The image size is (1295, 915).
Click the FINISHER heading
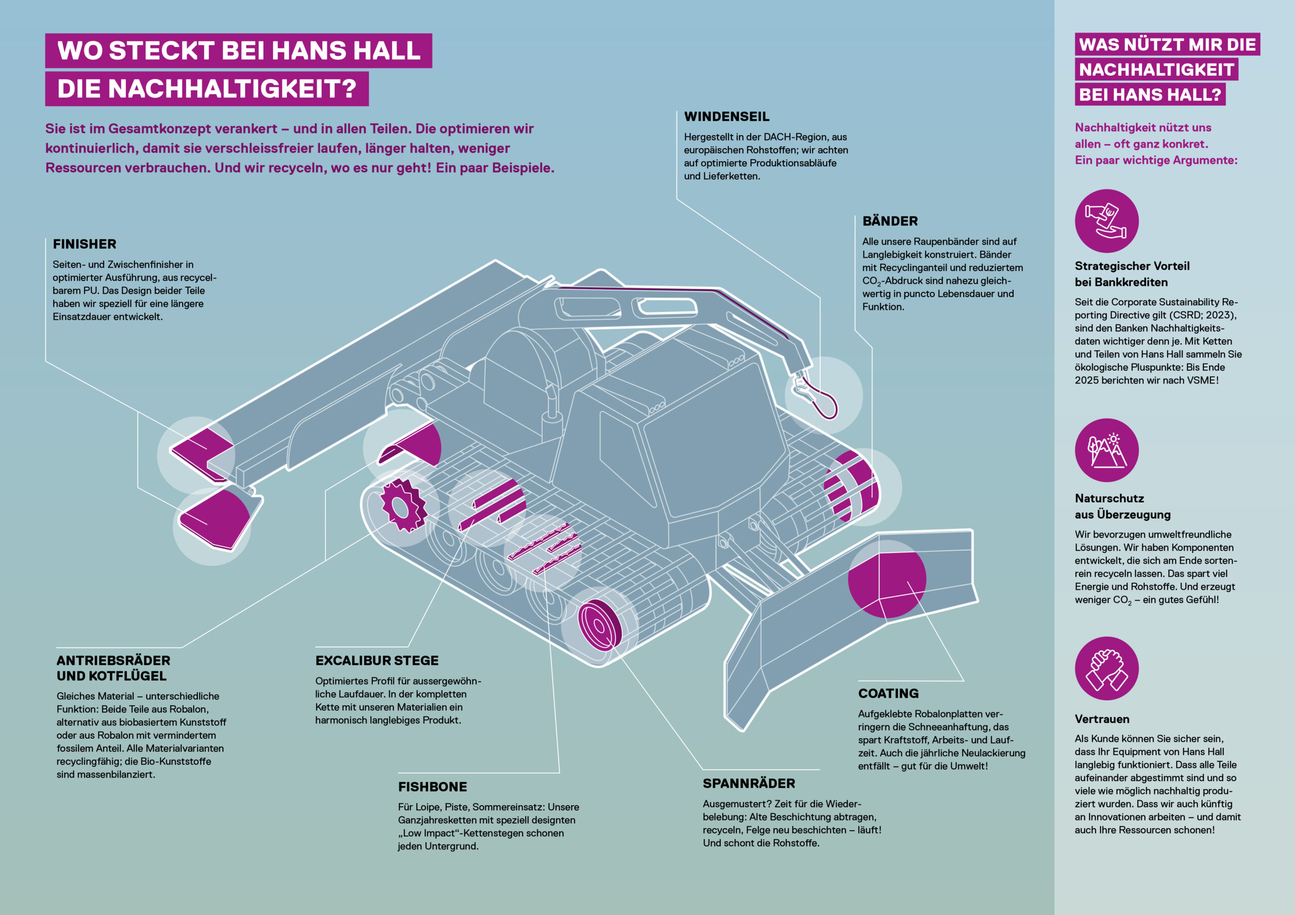84,244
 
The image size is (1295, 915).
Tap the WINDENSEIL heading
726,117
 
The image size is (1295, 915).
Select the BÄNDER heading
890,221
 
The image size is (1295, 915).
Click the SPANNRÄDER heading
749,783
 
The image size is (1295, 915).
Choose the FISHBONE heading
433,787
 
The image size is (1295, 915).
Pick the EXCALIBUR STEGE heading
377,660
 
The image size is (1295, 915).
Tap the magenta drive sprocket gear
402,505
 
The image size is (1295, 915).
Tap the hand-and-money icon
1107,221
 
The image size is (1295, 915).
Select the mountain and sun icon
1107,450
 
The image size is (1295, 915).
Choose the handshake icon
1107,668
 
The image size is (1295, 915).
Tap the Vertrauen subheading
1102,719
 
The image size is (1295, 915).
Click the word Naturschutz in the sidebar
1109,498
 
